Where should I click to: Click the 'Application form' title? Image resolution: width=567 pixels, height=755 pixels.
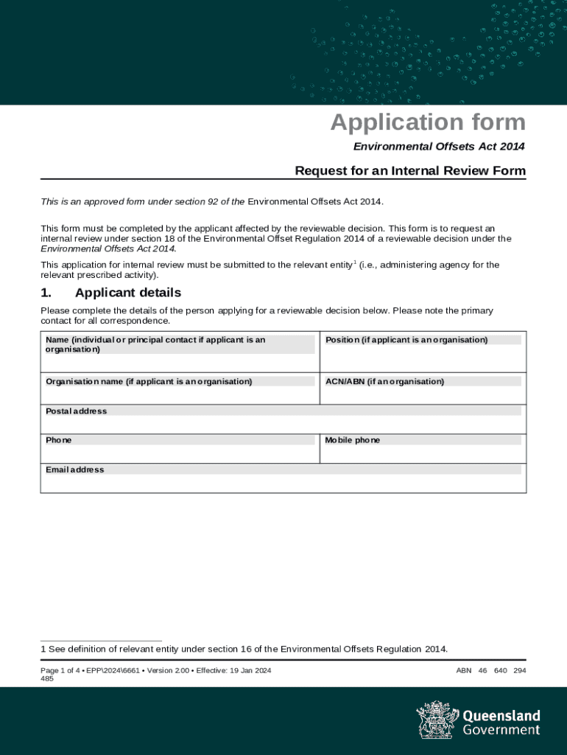427,122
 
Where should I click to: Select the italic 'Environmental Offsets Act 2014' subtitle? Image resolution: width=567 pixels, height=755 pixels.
439,147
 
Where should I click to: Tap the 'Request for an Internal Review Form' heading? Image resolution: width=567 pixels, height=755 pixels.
410,171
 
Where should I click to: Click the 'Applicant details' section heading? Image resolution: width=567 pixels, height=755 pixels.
127,293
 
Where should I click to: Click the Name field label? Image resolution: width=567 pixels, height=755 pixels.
155,344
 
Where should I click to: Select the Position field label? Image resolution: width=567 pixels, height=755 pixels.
406,340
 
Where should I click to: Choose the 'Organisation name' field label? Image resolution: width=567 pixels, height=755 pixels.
149,381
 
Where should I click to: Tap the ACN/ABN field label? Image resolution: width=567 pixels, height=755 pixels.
384,381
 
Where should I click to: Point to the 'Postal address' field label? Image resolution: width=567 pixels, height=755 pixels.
76,411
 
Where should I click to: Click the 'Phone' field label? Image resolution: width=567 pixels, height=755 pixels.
59,440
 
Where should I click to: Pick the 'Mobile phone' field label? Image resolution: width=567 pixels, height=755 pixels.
353,440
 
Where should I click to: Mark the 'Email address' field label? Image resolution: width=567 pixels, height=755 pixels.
74,470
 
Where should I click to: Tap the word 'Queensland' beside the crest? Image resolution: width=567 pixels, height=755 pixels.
501,716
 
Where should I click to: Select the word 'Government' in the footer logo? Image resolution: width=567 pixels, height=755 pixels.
501,730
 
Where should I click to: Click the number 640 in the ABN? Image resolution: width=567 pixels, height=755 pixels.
501,670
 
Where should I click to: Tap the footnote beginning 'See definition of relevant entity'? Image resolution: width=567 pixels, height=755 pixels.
247,649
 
